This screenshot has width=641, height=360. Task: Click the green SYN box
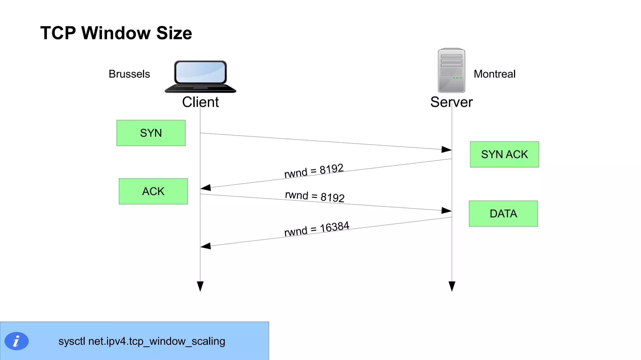coord(151,133)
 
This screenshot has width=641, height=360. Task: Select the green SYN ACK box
coord(504,154)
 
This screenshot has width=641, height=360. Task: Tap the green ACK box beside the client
coord(153,191)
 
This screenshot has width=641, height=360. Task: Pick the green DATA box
coord(503,213)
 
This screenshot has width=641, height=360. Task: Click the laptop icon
coord(200,77)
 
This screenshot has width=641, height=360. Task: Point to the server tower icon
coord(451,70)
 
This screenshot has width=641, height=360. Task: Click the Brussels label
coord(129,74)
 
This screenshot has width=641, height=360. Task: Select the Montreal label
coord(494,74)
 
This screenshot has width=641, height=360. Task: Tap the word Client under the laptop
coord(200,102)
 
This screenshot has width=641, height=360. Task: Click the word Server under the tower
coord(451,102)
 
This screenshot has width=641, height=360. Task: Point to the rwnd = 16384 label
coord(316,229)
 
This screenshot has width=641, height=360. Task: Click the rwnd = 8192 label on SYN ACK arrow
coord(314,171)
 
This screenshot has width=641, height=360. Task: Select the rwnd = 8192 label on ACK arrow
coord(315,196)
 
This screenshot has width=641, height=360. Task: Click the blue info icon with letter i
coord(17,341)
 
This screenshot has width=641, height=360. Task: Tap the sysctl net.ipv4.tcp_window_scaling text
coord(142,341)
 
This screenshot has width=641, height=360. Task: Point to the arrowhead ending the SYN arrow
coord(447,149)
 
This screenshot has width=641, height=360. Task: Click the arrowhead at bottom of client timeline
coord(200,286)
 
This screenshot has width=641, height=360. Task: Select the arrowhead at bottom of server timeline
coord(452,286)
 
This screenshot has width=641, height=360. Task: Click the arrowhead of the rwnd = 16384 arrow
coord(206,246)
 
